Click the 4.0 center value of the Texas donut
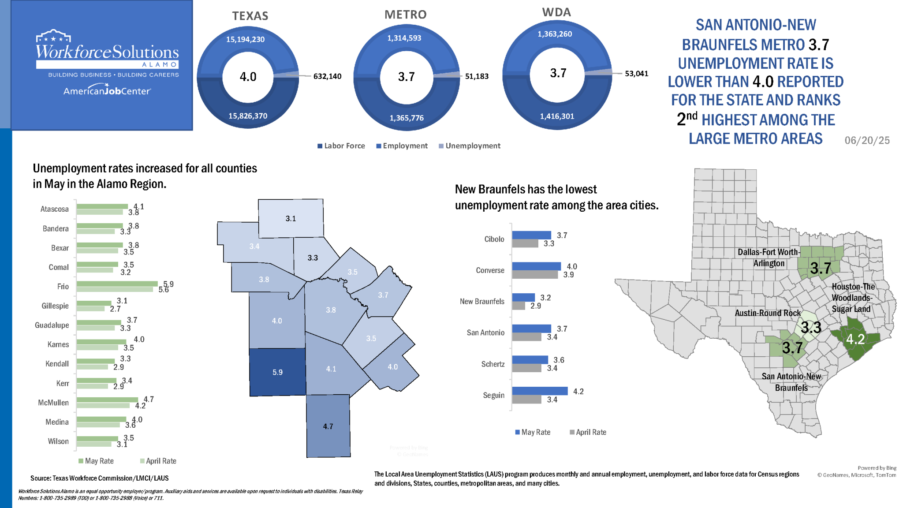pos(248,77)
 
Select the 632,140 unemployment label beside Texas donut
pos(327,76)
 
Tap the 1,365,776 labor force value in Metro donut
pos(407,118)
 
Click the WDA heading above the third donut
pos(556,12)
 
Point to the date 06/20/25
pos(867,140)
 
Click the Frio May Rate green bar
pos(117,284)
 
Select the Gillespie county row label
pos(55,306)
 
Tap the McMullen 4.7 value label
pos(149,399)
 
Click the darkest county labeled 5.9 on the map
pos(277,372)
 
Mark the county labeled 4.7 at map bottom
pos(328,426)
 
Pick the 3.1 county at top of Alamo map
pos(291,218)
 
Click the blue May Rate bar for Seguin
pos(540,391)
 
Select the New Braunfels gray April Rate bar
pos(519,306)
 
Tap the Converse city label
pos(490,270)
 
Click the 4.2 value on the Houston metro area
pos(855,339)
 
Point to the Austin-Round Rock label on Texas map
pos(767,313)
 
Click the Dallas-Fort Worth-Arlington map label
pos(769,258)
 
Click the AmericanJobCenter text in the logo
pos(107,91)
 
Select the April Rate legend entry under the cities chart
pos(588,432)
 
